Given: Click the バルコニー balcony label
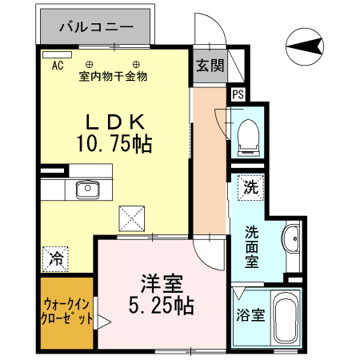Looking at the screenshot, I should pyautogui.click(x=96, y=27).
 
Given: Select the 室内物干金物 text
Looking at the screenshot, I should pyautogui.click(x=113, y=77).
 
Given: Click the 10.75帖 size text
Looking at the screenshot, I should pyautogui.click(x=114, y=144).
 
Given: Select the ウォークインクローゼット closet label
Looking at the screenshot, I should pyautogui.click(x=67, y=311).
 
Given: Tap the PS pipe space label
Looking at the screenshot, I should pyautogui.click(x=237, y=94).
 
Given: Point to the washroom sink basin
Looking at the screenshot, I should pyautogui.click(x=291, y=238).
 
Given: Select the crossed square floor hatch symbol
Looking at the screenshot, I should pyautogui.click(x=132, y=217).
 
